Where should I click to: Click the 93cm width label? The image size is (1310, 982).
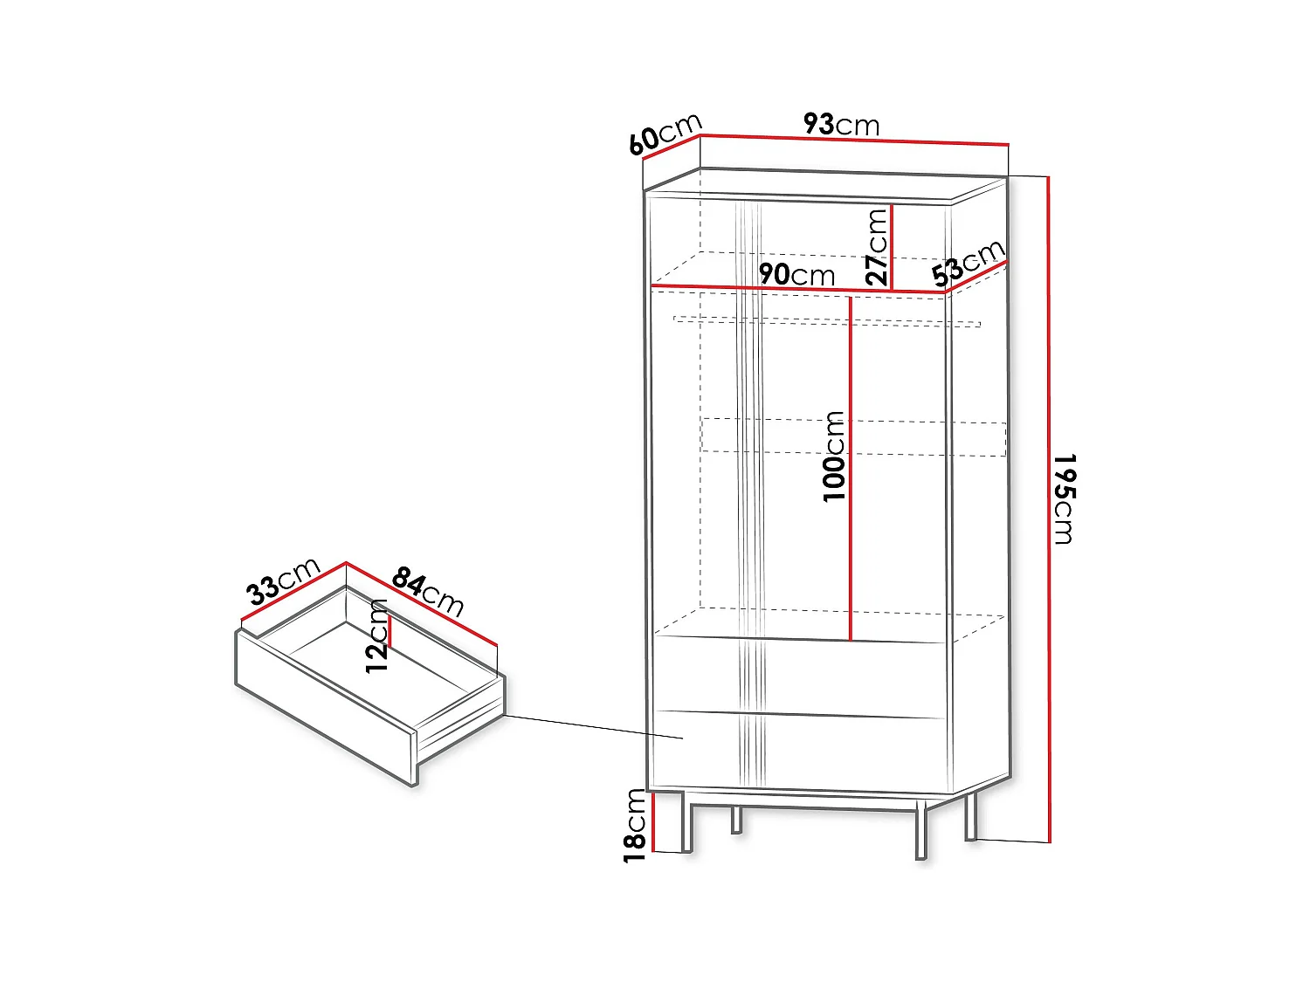pyautogui.click(x=841, y=125)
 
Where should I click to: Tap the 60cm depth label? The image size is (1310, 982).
pyautogui.click(x=665, y=134)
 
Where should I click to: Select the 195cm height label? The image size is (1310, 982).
pyautogui.click(x=1064, y=498)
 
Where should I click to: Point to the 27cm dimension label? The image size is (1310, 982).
pyautogui.click(x=877, y=247)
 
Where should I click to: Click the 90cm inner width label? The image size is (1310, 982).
pyautogui.click(x=796, y=274)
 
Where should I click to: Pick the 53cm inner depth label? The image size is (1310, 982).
pyautogui.click(x=969, y=263)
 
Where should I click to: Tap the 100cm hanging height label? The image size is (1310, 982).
pyautogui.click(x=834, y=456)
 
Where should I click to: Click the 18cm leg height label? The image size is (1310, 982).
pyautogui.click(x=635, y=825)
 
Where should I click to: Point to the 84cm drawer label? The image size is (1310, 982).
pyautogui.click(x=428, y=592)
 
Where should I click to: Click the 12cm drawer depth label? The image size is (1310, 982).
pyautogui.click(x=377, y=635)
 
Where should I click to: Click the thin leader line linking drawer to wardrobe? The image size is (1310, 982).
pyautogui.click(x=594, y=726)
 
